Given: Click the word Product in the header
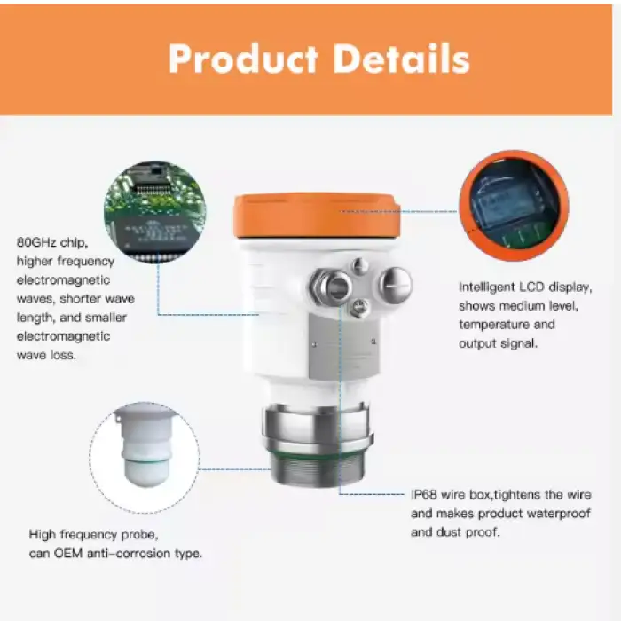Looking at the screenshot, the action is point(243,59).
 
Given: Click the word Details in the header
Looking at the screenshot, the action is point(402,59).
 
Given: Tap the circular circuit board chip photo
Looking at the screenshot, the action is point(155,211).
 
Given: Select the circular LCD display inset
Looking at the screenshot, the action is point(514,206).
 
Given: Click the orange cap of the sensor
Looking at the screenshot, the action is point(317,216).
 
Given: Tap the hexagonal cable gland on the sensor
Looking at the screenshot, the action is point(331,285).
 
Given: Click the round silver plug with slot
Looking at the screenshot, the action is point(396,285).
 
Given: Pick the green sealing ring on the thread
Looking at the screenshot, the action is point(318,453).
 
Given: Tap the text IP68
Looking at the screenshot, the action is point(423,495).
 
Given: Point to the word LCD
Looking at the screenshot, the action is point(531,287).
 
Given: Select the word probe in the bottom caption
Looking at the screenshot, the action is point(139,536).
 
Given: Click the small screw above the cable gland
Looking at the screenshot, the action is point(359,266).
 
